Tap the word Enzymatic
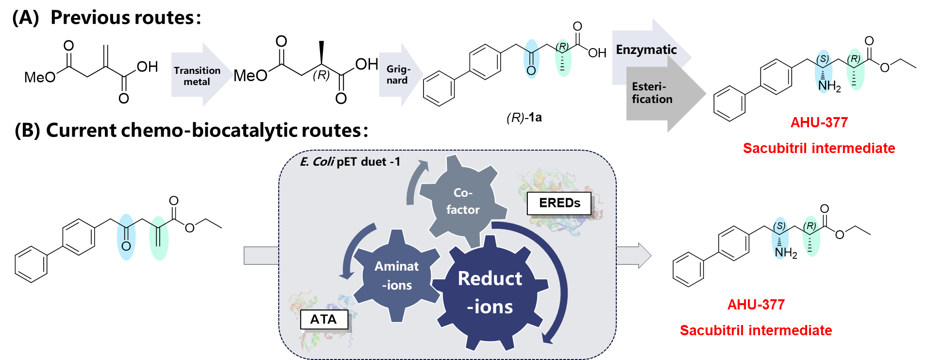[646, 50]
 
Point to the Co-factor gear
[462, 201]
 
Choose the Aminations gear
[397, 275]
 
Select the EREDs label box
[559, 203]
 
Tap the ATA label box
[324, 319]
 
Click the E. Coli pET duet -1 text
[350, 162]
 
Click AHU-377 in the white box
[756, 305]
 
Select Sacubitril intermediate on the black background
[819, 148]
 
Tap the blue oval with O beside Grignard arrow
[531, 59]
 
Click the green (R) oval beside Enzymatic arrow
[563, 58]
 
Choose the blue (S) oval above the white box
[780, 238]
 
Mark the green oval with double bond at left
[159, 238]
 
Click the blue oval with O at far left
[126, 237]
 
